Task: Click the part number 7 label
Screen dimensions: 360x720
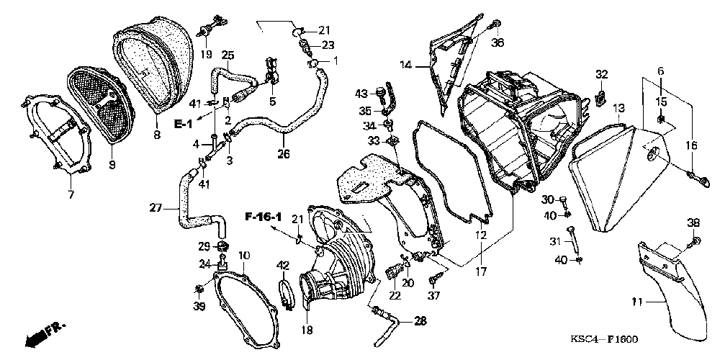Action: pyautogui.click(x=71, y=195)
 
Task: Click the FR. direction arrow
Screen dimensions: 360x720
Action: pyautogui.click(x=44, y=333)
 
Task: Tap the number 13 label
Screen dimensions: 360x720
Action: pyautogui.click(x=618, y=108)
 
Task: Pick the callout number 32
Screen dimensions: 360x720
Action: pyautogui.click(x=601, y=74)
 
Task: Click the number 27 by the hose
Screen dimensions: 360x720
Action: pyautogui.click(x=155, y=208)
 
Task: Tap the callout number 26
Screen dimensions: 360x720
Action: pyautogui.click(x=283, y=153)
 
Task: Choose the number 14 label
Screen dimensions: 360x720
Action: pyautogui.click(x=405, y=65)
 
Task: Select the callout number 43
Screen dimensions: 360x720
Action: pyautogui.click(x=361, y=93)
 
